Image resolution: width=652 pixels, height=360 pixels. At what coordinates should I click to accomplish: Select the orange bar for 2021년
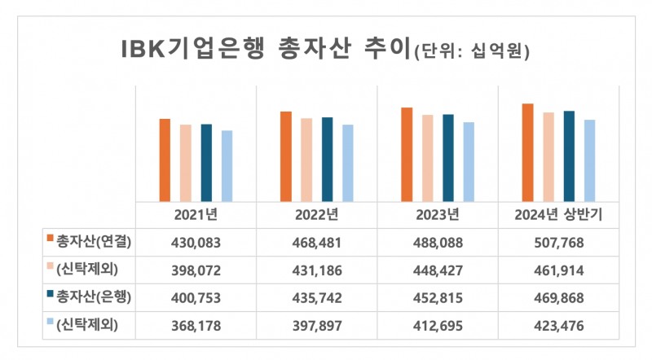[165, 160]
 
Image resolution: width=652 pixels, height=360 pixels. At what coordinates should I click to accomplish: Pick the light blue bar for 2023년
[468, 161]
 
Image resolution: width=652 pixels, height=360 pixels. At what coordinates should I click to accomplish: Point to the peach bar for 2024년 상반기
[548, 156]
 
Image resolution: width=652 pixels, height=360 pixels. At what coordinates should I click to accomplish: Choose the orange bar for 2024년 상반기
[527, 152]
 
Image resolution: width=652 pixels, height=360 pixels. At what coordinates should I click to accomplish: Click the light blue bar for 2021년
[227, 165]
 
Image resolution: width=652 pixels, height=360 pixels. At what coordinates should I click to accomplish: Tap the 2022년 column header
[317, 216]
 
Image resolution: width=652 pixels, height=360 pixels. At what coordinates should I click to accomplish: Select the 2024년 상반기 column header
[558, 216]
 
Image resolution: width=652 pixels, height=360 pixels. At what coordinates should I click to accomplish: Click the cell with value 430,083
[196, 242]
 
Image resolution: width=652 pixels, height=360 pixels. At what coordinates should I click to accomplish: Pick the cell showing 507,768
[558, 242]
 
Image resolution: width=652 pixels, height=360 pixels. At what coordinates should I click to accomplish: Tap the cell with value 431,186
[317, 270]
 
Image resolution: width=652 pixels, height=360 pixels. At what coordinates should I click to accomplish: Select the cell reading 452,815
[438, 297]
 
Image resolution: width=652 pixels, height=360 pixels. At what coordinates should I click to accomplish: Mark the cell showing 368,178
[196, 326]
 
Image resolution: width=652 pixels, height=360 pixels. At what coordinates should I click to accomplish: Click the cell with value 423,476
[558, 326]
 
